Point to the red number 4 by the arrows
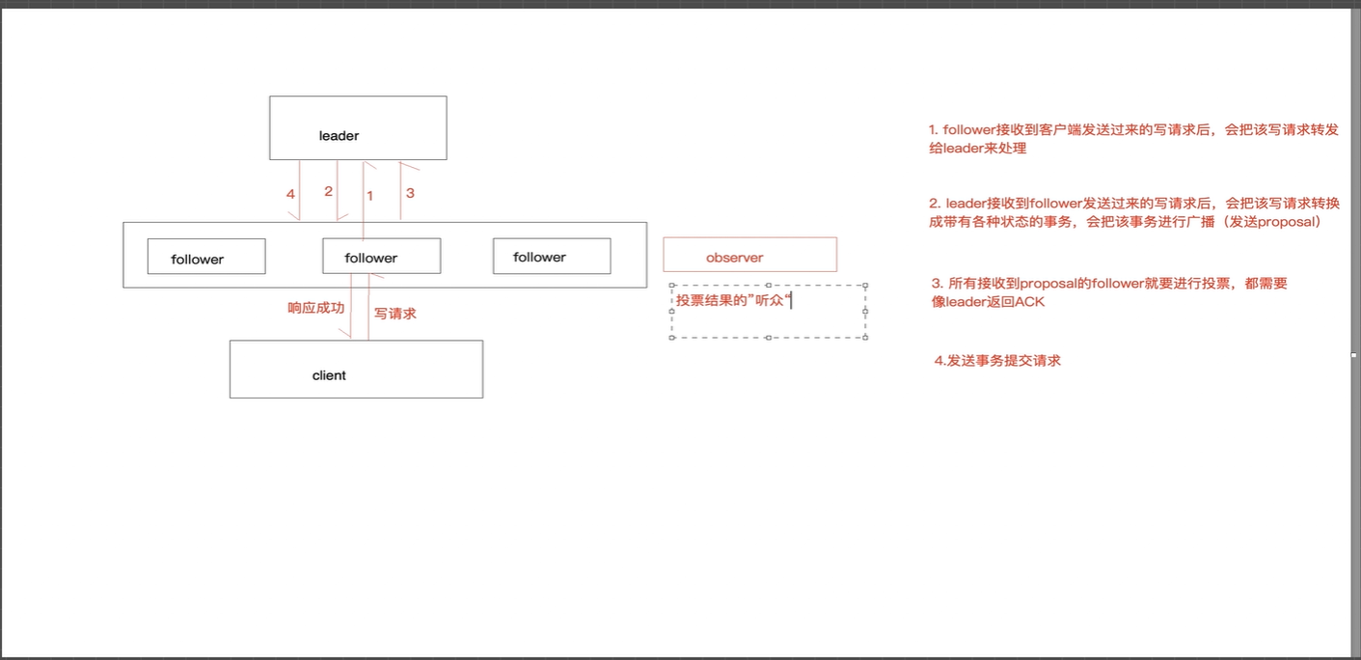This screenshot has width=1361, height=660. [290, 194]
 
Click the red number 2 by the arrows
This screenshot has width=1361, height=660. [328, 191]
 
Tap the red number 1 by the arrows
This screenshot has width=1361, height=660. [369, 196]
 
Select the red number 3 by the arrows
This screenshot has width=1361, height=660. [410, 193]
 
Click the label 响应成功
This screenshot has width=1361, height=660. [316, 308]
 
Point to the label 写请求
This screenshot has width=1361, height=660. [395, 314]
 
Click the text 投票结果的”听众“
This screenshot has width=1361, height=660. [733, 300]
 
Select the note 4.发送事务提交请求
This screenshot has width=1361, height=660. [997, 360]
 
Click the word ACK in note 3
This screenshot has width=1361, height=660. [1029, 301]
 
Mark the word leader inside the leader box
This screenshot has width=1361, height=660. [339, 135]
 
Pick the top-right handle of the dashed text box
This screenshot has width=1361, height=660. [865, 285]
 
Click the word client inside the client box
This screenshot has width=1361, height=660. [329, 375]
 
